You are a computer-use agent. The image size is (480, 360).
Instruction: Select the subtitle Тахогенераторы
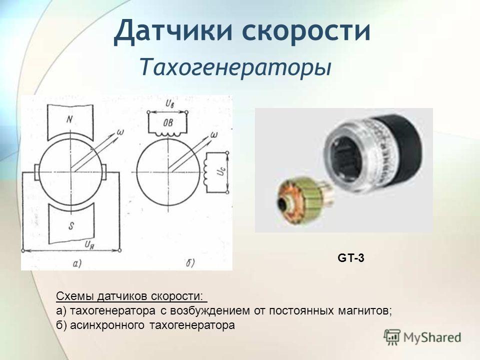[x=236, y=66]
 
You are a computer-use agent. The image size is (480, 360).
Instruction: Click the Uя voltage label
[x=90, y=244]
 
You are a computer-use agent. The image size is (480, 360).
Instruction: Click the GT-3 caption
[x=350, y=258]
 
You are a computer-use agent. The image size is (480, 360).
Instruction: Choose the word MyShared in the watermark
[x=432, y=337]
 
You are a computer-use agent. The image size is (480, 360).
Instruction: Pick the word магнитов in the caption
[x=361, y=311]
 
